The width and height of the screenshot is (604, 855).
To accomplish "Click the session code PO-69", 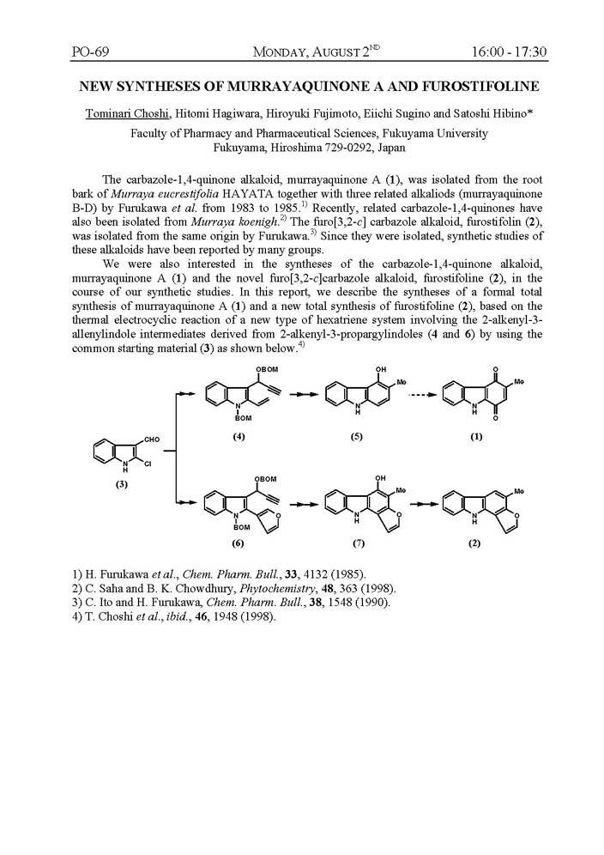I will pos(89,53).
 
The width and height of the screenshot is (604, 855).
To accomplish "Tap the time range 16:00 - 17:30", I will pos(509,53).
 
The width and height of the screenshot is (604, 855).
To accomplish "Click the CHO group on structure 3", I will pos(152,440).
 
